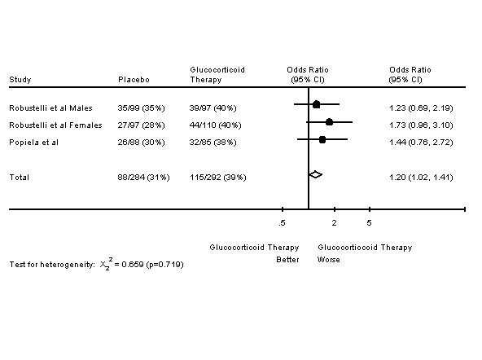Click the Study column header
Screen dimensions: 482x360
(x=20, y=80)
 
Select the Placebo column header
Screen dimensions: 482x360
(x=134, y=80)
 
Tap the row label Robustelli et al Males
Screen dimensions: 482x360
(x=50, y=108)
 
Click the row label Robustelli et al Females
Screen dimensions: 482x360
(x=55, y=125)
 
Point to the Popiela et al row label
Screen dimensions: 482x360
(x=34, y=143)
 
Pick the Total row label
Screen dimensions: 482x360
(x=19, y=178)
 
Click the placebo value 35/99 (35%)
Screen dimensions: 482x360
(x=141, y=108)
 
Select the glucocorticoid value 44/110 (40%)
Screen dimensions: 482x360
(x=215, y=125)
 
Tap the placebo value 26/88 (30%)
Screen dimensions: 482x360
(x=141, y=143)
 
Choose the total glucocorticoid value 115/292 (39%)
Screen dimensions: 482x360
(x=217, y=178)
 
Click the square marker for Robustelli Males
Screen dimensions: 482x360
(x=316, y=104)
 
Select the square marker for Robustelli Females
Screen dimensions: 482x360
(x=329, y=122)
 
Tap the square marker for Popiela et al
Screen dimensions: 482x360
(x=322, y=139)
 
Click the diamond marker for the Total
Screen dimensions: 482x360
(x=315, y=174)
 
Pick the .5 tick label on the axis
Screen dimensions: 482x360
(x=282, y=223)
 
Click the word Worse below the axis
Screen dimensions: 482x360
(x=329, y=260)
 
